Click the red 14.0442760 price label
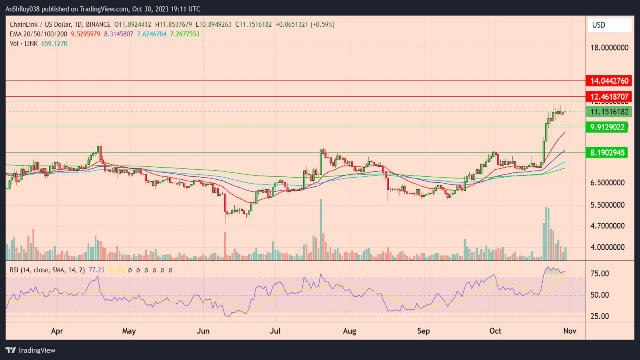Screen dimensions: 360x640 click(609, 81)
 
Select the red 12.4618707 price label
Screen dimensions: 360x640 click(609, 97)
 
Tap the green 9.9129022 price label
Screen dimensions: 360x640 click(607, 127)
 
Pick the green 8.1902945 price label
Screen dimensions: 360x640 click(607, 152)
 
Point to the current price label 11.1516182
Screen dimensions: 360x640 click(609, 112)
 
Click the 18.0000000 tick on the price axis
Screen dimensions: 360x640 click(609, 48)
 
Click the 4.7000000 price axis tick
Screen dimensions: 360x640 click(607, 226)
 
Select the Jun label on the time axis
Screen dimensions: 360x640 click(203, 331)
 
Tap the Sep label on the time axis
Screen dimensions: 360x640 click(423, 331)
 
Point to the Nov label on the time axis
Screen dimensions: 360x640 click(570, 331)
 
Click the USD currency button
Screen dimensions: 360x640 click(609, 25)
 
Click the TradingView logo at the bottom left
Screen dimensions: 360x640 click(31, 350)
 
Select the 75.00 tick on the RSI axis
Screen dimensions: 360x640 click(600, 274)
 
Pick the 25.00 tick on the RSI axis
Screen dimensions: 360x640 click(600, 316)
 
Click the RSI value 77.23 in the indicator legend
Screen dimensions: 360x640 click(96, 270)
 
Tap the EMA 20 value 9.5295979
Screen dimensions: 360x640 click(86, 34)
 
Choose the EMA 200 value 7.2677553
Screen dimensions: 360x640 click(185, 34)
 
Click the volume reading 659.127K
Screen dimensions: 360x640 click(54, 44)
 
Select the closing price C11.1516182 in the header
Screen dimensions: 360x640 click(254, 24)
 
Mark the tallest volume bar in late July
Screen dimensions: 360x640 click(321, 230)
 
